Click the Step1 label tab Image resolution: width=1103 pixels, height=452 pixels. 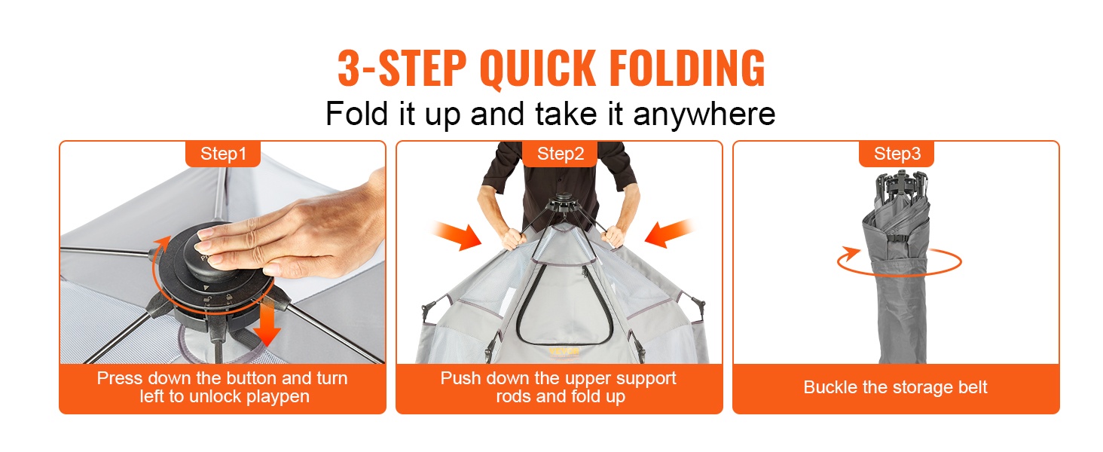pos(223,154)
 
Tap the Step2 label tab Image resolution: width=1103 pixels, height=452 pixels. pos(560,154)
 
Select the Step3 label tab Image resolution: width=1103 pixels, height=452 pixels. pos(897,154)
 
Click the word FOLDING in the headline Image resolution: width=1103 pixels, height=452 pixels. pos(687,68)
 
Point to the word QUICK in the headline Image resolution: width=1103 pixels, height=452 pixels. pos(538,69)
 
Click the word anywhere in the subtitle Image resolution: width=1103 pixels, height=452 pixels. pos(704,115)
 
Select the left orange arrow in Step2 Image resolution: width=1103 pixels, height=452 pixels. pos(457,237)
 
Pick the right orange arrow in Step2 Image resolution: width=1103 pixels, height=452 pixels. pos(669,233)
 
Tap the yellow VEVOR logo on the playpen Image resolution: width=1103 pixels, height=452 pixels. pos(564,352)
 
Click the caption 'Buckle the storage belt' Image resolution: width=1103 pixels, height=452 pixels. pos(895,387)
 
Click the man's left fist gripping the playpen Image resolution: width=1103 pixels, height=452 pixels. pos(614,237)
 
